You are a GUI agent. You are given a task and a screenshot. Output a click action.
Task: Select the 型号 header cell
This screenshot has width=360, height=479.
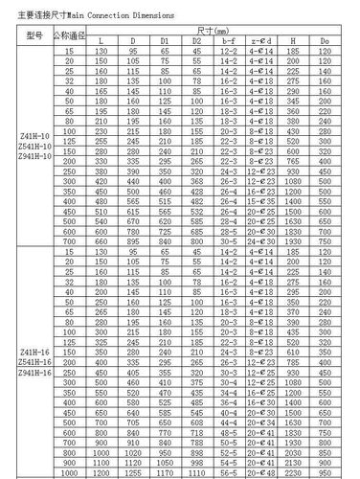point(36,35)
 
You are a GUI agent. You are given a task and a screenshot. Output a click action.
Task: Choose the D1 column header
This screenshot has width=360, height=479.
point(165,41)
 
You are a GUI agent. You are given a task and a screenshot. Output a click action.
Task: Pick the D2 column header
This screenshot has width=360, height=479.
point(196,41)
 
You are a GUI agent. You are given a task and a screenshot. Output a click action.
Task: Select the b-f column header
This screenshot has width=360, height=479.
point(228,41)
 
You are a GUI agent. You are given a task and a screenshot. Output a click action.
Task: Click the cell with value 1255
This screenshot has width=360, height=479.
point(133,473)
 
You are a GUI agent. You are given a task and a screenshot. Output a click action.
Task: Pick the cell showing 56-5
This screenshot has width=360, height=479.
point(228,473)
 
